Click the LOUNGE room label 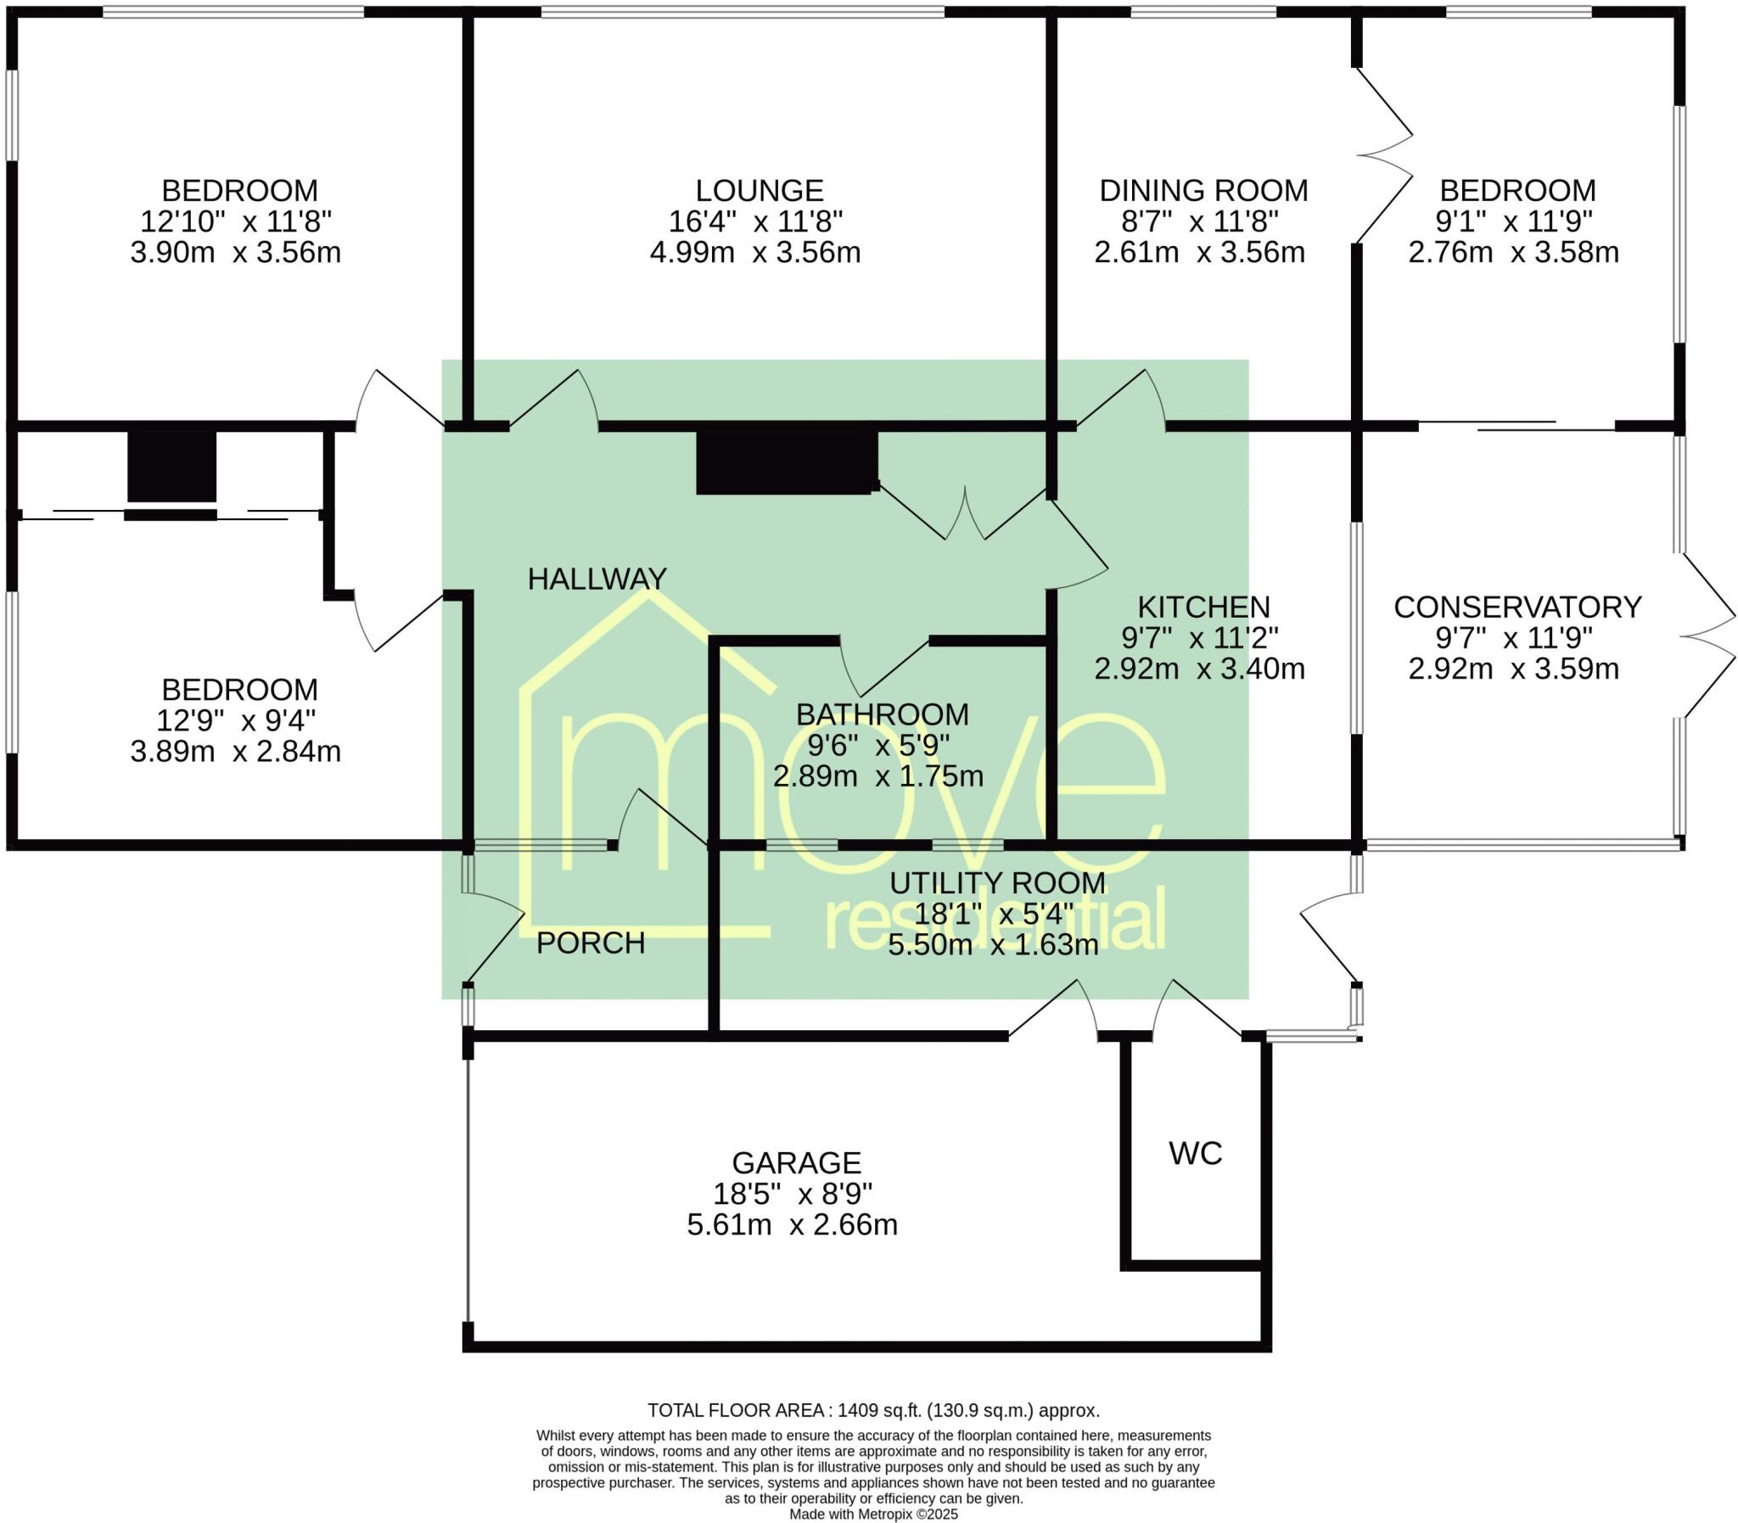759,189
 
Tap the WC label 1195,1153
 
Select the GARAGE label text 796,1162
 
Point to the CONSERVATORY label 1517,607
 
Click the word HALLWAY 597,579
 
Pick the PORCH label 591,943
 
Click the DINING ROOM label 1203,189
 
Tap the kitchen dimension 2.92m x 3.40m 1199,669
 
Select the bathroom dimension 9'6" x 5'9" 878,745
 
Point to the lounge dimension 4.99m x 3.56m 754,252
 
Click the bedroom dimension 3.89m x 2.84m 235,751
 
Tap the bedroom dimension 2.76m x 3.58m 1513,252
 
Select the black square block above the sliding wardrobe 171,467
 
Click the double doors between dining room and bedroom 1383,156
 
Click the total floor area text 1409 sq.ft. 873,1411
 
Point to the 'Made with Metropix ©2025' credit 873,1514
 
